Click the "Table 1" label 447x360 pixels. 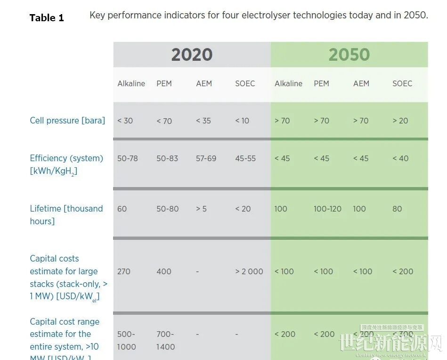coord(47,18)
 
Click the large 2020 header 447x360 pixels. coord(192,55)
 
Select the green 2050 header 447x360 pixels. coord(349,55)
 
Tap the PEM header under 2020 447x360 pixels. coord(164,83)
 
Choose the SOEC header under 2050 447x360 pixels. coord(402,83)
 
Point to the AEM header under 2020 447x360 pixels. coord(204,83)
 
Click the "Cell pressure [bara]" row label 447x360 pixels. coord(67,121)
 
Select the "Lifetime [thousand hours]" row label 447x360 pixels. coord(66,214)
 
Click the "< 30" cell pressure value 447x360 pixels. coord(125,121)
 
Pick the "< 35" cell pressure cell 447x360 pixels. coord(203,121)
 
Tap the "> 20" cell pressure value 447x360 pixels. coord(400,121)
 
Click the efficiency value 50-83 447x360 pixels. coord(167,158)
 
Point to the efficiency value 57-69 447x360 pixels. coord(206,158)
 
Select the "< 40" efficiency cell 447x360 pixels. coord(400,158)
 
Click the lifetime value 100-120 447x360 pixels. coord(328,209)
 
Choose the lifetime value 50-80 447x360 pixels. coord(167,209)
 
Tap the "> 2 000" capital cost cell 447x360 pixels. coord(249,271)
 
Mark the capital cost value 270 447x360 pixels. coord(124,271)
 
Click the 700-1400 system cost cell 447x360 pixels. coord(166,340)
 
